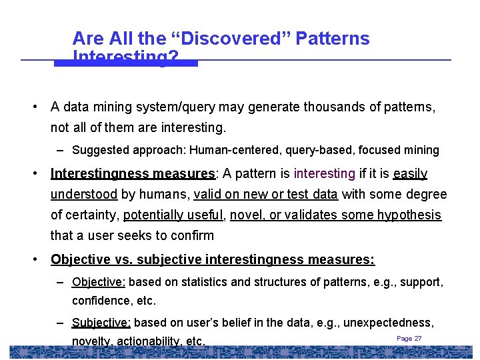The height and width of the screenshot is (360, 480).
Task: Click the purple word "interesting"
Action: tap(324, 174)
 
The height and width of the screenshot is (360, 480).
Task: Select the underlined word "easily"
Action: tap(410, 174)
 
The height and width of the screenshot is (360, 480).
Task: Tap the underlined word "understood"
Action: tap(84, 195)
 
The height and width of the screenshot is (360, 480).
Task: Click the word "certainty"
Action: tap(91, 215)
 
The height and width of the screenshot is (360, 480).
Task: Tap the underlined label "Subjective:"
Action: tap(101, 323)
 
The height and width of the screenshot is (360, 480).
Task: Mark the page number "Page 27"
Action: tap(409, 339)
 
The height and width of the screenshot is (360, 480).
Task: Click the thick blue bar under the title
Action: tap(126, 63)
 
